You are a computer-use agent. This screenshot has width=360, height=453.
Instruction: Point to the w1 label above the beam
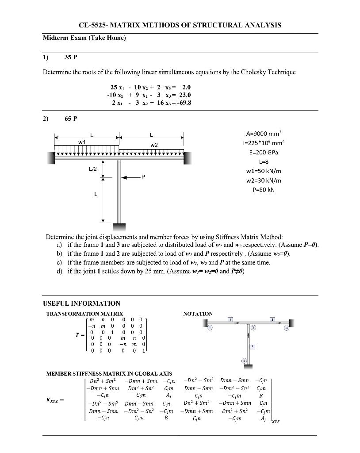(x=82, y=142)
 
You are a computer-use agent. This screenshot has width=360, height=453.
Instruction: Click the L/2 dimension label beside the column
(x=93, y=169)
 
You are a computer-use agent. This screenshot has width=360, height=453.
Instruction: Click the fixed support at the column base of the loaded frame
(x=119, y=228)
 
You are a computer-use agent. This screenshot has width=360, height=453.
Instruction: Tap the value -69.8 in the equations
(x=183, y=103)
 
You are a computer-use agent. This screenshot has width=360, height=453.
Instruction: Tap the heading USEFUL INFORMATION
(x=81, y=303)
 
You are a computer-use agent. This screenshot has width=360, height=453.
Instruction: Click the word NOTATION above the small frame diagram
(x=198, y=314)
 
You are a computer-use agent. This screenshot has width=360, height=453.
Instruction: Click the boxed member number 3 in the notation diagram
(x=272, y=319)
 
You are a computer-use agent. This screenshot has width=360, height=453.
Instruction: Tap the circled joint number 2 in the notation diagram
(x=253, y=328)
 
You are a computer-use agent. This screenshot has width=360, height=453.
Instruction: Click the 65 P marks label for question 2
(x=71, y=119)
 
